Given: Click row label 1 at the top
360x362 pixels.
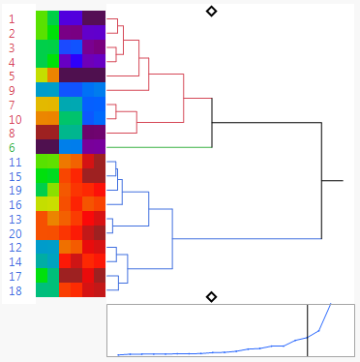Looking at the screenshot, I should [x=12, y=18].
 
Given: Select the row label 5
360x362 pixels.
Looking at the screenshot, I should [x=12, y=75].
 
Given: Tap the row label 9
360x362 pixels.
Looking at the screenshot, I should [x=12, y=90].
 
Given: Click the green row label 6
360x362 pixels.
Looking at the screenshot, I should [x=12, y=147].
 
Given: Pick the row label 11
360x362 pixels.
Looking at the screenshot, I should [x=15, y=162].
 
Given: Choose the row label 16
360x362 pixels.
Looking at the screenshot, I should [x=15, y=204].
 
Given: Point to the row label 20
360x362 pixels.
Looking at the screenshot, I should [x=15, y=233].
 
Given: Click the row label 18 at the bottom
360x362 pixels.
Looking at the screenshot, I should [x=15, y=290].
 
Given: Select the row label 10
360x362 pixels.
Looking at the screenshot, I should [x=15, y=118].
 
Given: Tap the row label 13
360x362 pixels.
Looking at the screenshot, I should [x=15, y=219].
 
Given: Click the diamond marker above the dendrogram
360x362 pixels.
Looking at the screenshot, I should [x=212, y=11].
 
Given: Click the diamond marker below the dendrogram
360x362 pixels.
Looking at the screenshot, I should [x=212, y=296].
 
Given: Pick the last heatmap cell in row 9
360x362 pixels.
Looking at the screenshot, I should [x=94, y=90].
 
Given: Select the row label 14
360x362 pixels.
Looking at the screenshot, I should [x=15, y=261].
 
